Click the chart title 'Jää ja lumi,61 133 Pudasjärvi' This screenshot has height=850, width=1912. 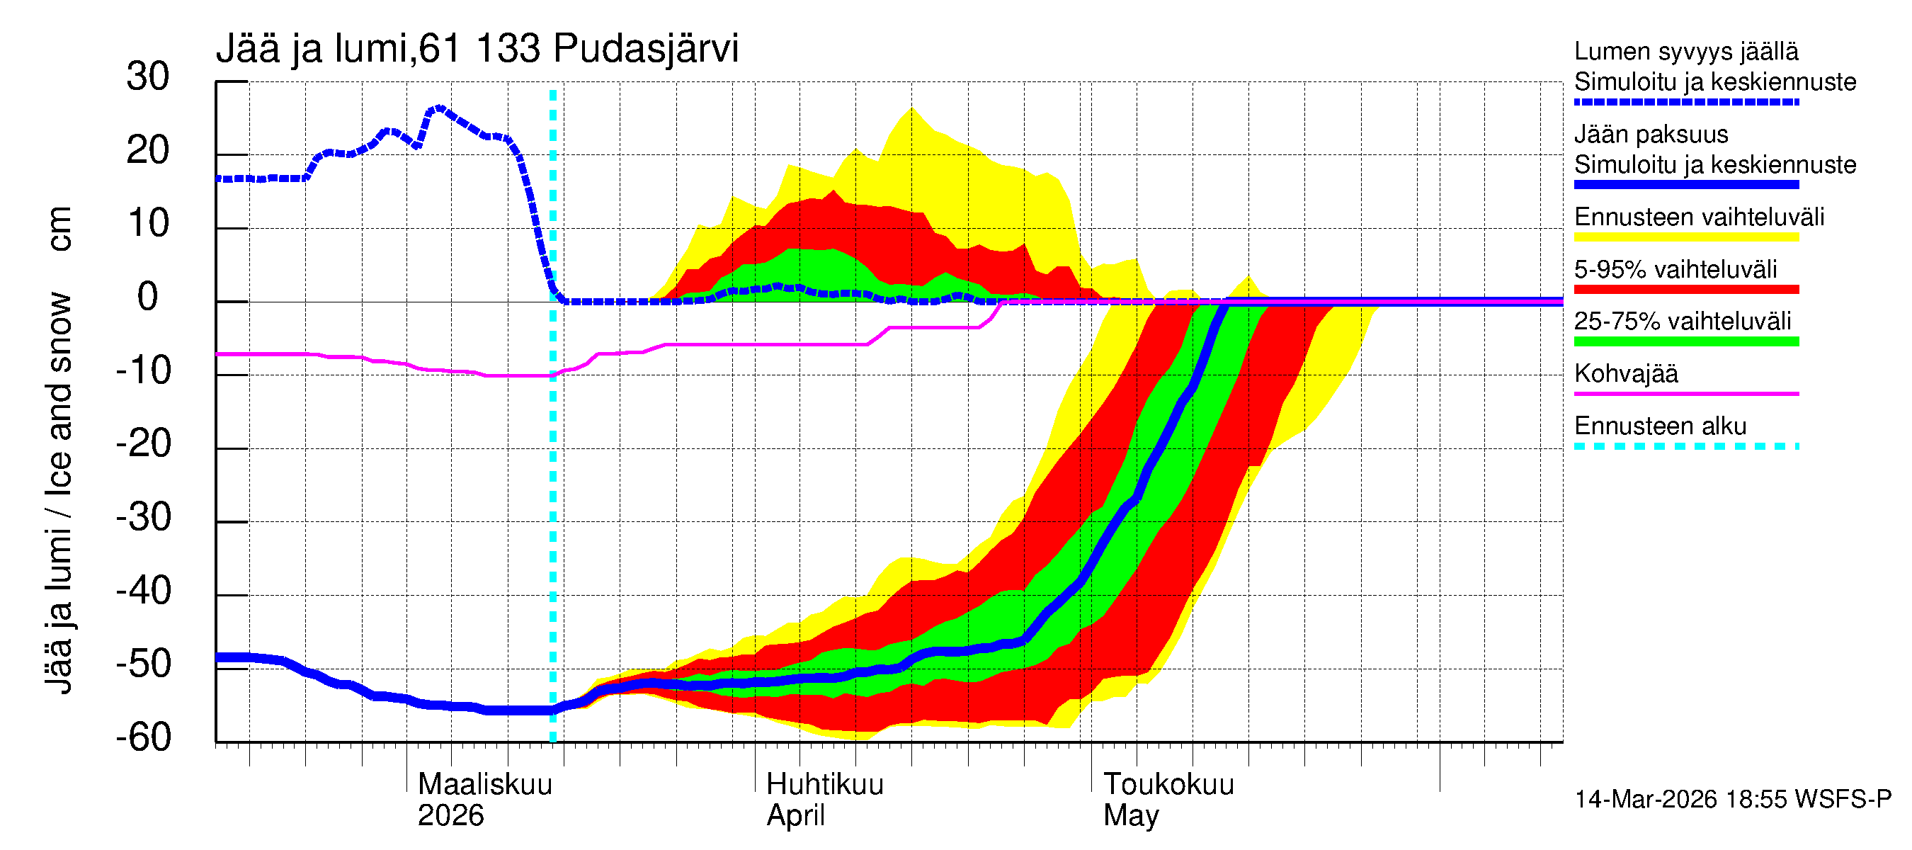(x=477, y=49)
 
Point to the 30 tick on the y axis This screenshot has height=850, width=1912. (x=148, y=77)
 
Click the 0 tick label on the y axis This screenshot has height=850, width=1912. (x=148, y=297)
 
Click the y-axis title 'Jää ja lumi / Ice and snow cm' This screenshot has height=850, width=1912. (x=59, y=450)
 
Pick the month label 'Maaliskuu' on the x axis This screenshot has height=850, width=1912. (x=484, y=785)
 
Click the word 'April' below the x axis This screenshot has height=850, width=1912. (x=795, y=816)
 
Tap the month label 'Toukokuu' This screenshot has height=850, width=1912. (x=1168, y=785)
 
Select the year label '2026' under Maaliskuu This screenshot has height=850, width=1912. (x=450, y=816)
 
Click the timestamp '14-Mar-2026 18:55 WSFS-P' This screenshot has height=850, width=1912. (x=1732, y=800)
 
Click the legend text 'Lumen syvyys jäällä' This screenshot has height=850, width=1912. (x=1685, y=52)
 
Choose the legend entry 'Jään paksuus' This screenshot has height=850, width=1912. (x=1651, y=135)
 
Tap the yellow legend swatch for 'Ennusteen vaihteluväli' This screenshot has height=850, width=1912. (x=1685, y=237)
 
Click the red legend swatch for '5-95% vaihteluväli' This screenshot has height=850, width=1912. (x=1685, y=290)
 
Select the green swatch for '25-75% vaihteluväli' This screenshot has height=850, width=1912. (x=1685, y=341)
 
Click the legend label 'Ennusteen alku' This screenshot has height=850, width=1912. (x=1660, y=427)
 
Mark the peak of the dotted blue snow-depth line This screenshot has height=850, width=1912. (x=439, y=108)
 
